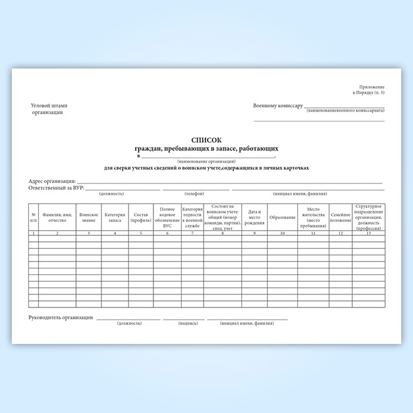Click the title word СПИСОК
click(x=206, y=140)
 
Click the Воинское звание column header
click(x=88, y=217)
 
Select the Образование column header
click(x=282, y=217)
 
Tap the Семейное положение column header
click(x=340, y=217)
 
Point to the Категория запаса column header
click(x=114, y=217)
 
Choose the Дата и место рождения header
click(x=254, y=217)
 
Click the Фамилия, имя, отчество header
click(x=57, y=217)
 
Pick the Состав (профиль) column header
click(x=141, y=217)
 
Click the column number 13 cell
click(x=368, y=233)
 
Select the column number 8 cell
click(x=222, y=233)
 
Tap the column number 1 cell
click(x=34, y=233)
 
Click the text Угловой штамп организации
click(x=48, y=109)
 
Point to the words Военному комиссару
click(x=277, y=106)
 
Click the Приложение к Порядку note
click(x=369, y=90)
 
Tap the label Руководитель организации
click(x=61, y=318)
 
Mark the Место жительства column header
click(x=312, y=217)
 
